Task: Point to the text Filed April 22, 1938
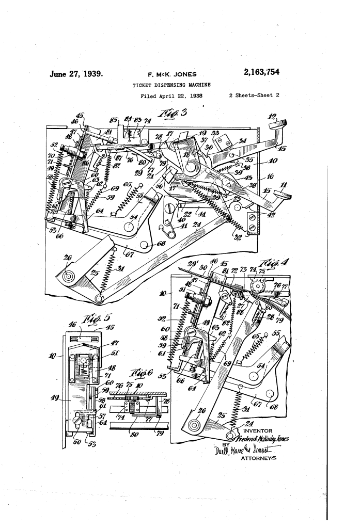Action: (171, 96)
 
